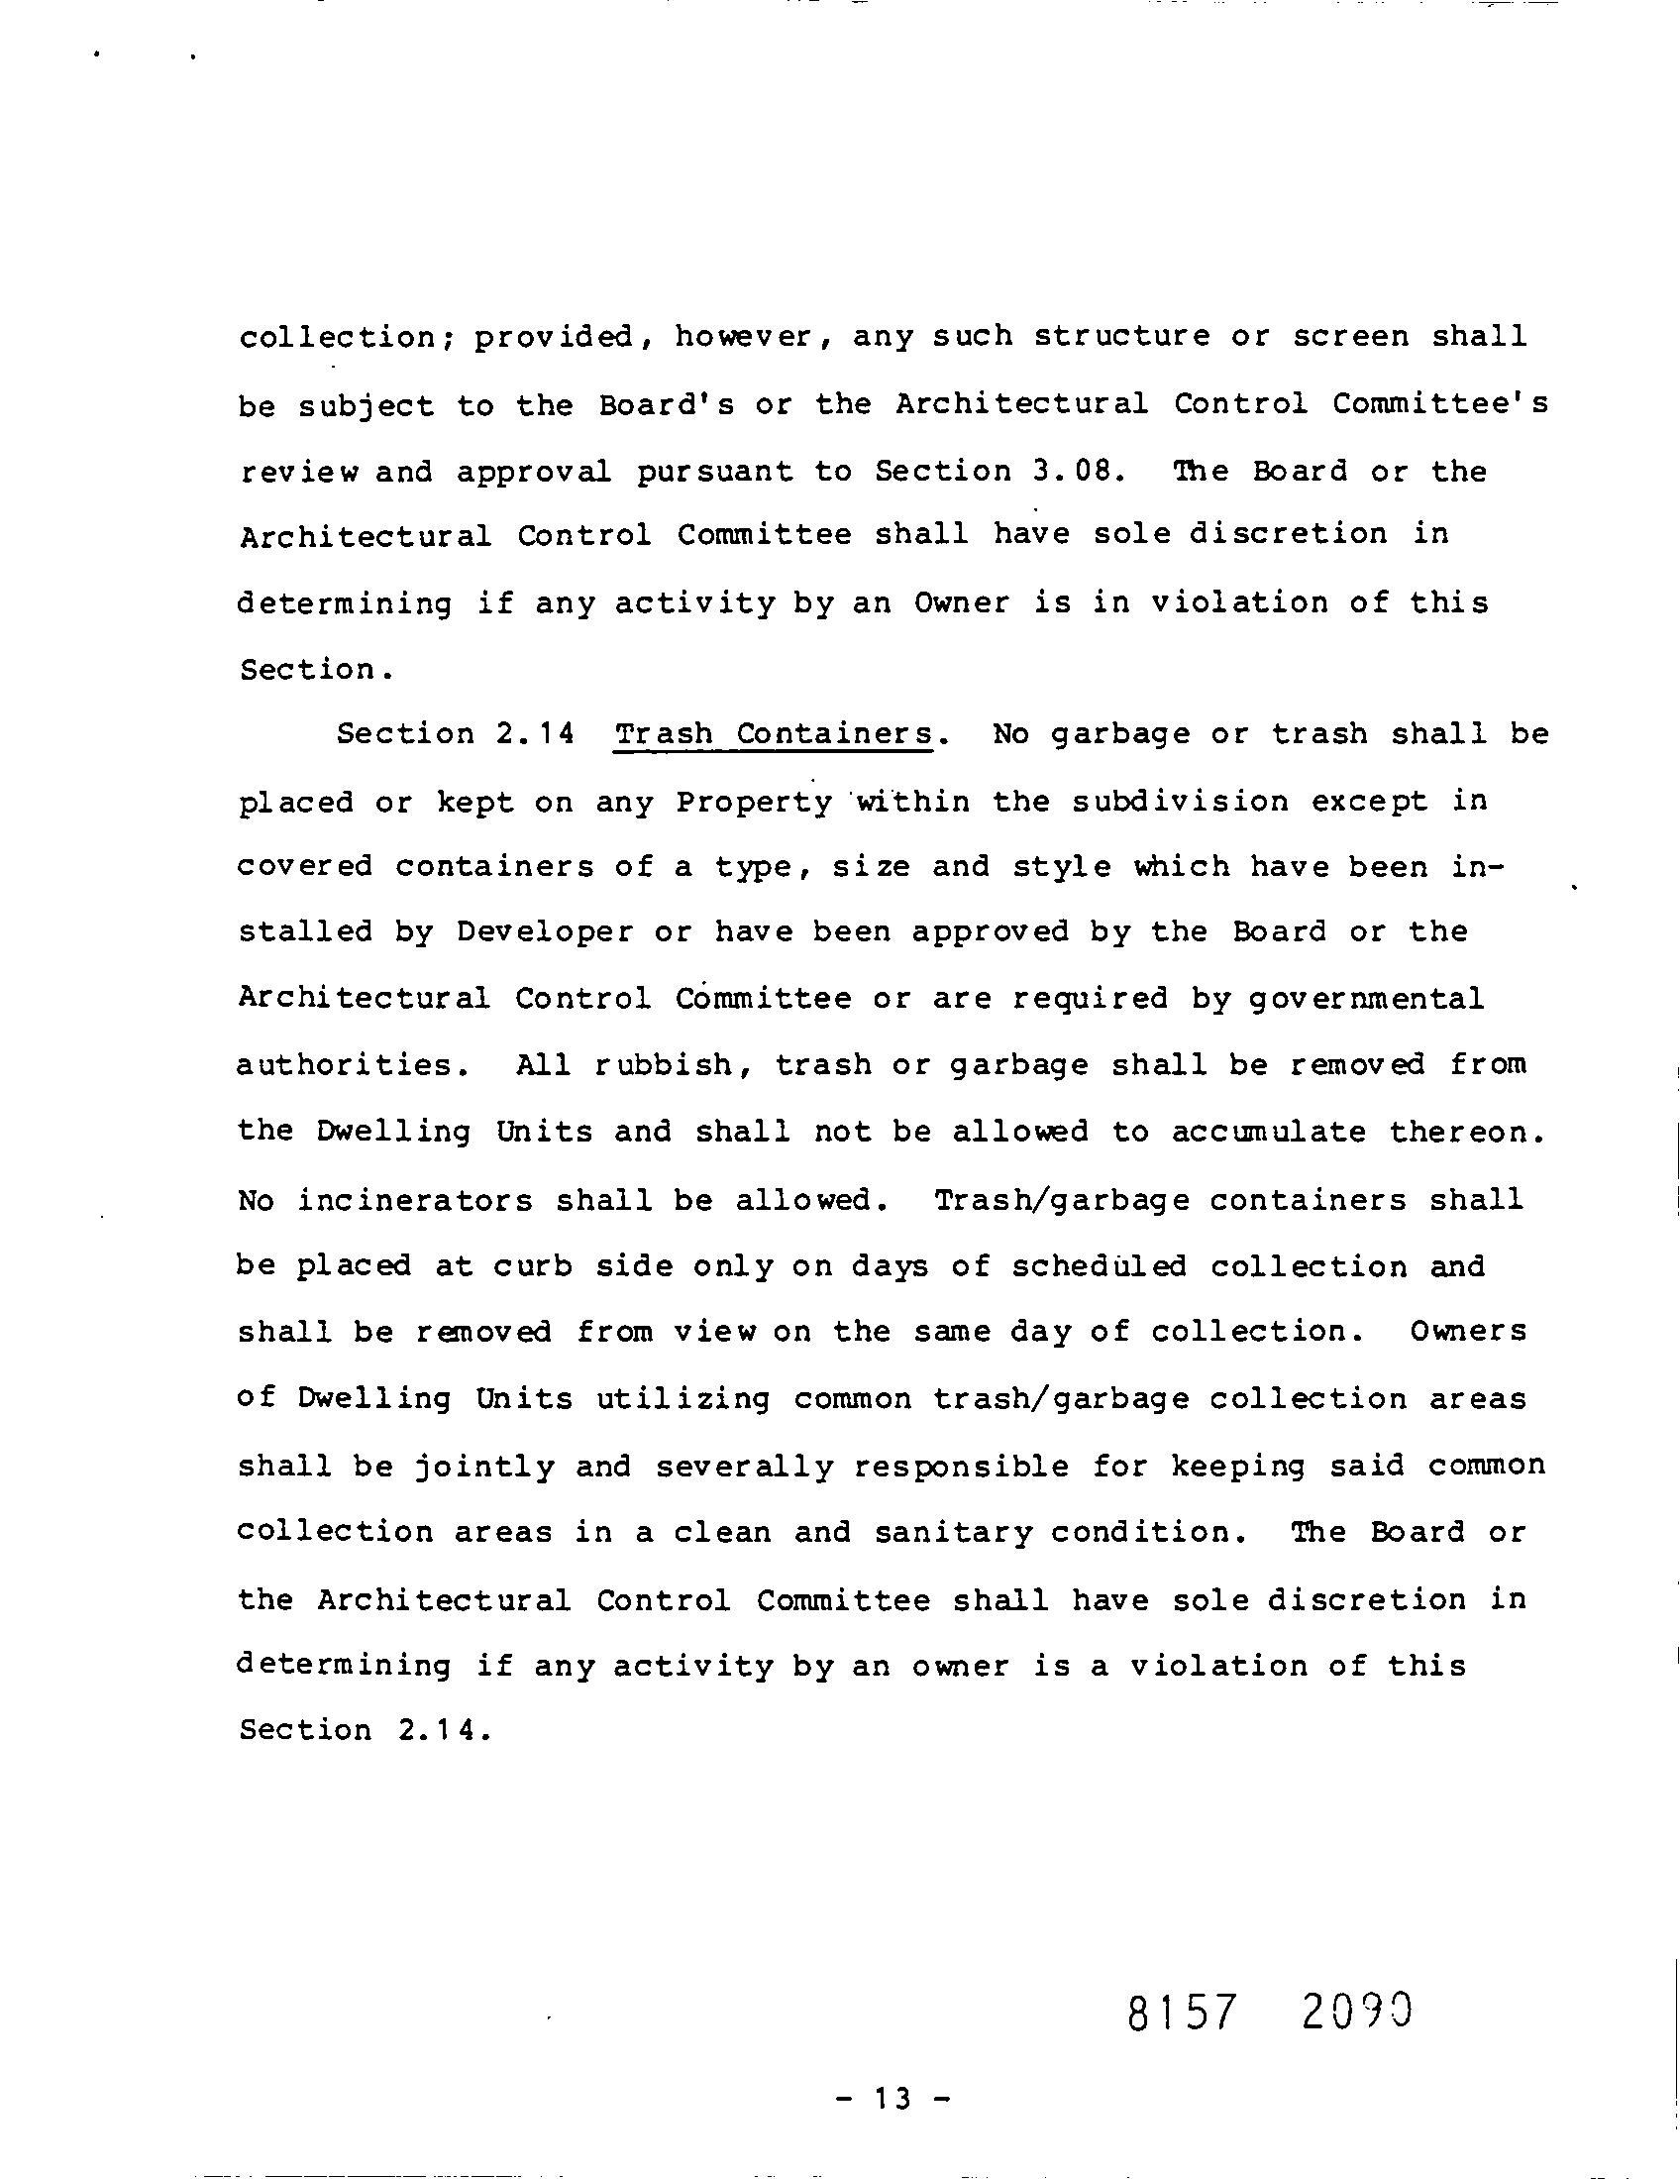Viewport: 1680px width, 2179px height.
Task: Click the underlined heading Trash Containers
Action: [775, 734]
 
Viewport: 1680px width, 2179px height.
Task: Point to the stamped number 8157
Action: [1181, 2015]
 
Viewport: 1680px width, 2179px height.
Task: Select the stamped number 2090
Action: [1358, 2013]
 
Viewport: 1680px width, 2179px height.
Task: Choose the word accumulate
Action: [1269, 1133]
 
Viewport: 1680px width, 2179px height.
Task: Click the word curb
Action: [533, 1266]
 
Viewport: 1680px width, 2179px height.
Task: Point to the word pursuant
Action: [715, 472]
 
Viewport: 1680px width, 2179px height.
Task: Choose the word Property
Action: [753, 803]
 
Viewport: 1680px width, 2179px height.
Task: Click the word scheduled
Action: [1100, 1266]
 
